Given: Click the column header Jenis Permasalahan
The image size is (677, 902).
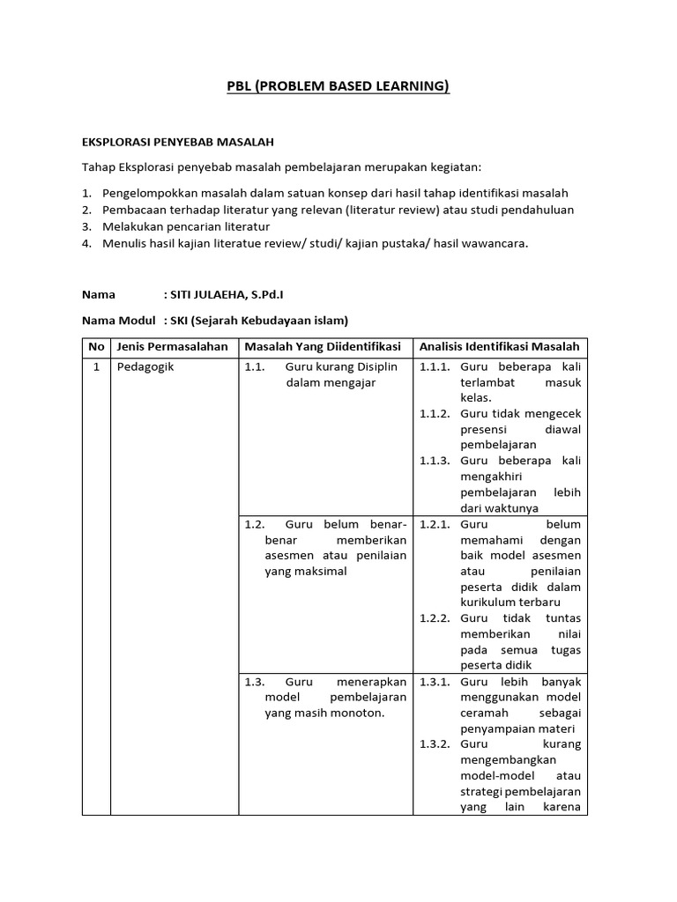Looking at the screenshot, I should pos(172,347).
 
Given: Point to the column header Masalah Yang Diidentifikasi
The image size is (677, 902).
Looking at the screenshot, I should pos(323,347).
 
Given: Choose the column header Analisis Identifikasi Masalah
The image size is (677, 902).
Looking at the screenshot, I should pos(500,347).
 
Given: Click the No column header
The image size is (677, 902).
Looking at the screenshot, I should pos(96,347).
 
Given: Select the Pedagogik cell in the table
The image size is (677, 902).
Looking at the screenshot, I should pos(146,367).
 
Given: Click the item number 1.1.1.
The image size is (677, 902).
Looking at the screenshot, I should pos(435,367).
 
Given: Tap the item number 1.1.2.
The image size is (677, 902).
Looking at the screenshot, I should pos(435,414).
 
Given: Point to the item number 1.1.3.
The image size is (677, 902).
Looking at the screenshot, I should pos(435,461).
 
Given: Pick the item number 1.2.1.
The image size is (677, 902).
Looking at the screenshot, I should pos(435,524).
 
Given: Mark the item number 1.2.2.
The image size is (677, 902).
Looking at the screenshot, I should pos(435,618).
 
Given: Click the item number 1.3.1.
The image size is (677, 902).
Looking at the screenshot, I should pos(435,682).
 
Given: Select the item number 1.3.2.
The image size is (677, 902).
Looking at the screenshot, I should pos(435,744).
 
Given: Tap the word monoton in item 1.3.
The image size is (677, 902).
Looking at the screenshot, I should pos(358,713).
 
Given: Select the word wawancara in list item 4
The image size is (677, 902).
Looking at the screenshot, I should pos(494,243).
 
